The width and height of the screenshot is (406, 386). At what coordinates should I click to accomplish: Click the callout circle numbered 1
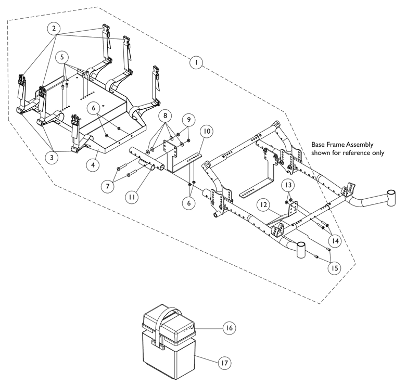click(x=196, y=62)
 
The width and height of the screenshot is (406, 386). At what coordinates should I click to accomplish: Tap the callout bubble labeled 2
click(x=54, y=28)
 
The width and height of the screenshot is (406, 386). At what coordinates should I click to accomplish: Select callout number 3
click(x=52, y=157)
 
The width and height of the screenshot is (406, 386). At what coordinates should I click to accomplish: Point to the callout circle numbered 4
click(x=93, y=164)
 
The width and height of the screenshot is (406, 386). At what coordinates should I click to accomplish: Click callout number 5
click(x=61, y=57)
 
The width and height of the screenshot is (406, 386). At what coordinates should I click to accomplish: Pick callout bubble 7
click(x=108, y=186)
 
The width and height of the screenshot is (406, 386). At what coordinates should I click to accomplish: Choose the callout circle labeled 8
click(x=165, y=115)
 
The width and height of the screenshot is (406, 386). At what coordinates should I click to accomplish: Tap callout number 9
click(x=188, y=120)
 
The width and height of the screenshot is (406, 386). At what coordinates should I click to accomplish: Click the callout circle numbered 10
click(x=206, y=131)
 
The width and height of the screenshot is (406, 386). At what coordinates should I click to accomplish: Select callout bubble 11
click(x=132, y=197)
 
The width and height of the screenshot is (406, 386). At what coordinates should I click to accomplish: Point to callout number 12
click(x=263, y=205)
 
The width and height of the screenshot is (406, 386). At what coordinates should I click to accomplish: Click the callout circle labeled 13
click(x=288, y=185)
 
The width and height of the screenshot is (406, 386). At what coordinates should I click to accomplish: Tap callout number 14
click(x=335, y=241)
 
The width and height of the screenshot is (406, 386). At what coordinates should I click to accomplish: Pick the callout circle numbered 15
click(x=335, y=268)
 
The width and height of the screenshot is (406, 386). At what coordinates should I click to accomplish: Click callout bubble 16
click(x=229, y=328)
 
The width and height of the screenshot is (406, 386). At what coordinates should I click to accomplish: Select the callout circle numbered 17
click(x=224, y=363)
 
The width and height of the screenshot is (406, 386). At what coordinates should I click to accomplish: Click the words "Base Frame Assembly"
click(x=342, y=145)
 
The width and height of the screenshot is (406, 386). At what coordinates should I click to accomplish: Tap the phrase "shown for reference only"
click(x=348, y=152)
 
